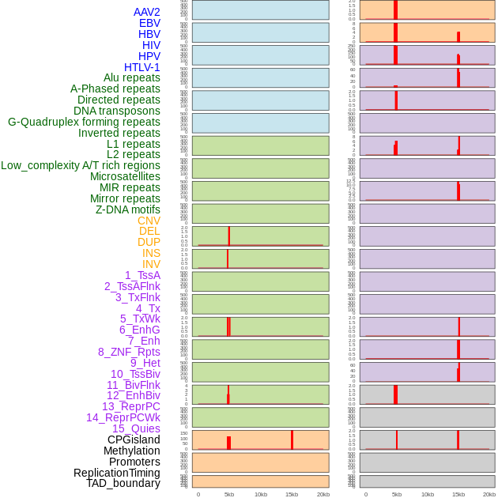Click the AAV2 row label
[146, 12]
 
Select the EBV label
[149, 23]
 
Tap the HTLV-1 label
[141, 67]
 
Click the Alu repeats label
[131, 77]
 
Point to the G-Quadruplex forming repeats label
[84, 122]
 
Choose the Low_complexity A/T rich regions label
[81, 165]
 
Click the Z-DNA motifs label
[127, 209]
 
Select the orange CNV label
[149, 221]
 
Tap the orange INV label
[151, 264]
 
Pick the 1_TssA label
[142, 275]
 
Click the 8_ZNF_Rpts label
[129, 352]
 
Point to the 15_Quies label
[136, 428]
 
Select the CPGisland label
[134, 440]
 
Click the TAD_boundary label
[123, 483]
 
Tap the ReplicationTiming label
[117, 473]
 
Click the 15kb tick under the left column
[292, 494]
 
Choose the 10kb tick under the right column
[428, 494]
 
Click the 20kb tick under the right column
[489, 494]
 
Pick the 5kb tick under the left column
[229, 494]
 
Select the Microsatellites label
[125, 176]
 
